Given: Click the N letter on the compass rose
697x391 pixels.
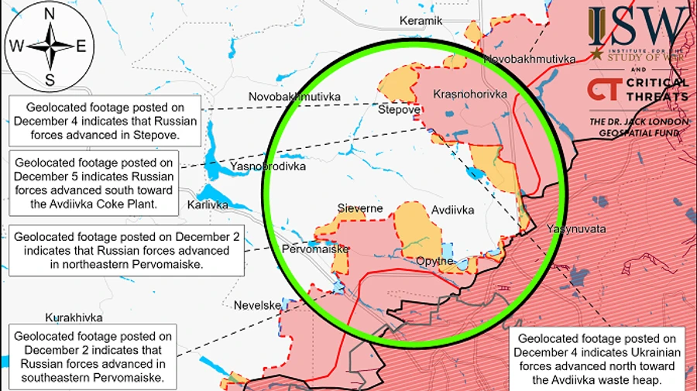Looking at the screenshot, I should pyautogui.click(x=49, y=13).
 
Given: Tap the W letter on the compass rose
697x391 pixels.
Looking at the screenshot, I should pyautogui.click(x=15, y=45).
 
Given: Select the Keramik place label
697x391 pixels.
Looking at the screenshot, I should pyautogui.click(x=421, y=21).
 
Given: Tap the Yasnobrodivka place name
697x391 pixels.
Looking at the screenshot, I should pyautogui.click(x=267, y=166).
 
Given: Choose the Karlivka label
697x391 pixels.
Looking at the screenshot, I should pyautogui.click(x=208, y=205).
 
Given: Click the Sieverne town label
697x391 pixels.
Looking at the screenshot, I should pyautogui.click(x=360, y=208).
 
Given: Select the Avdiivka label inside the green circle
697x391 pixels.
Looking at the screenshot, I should pyautogui.click(x=452, y=210).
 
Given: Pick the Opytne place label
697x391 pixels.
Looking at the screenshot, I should pyautogui.click(x=434, y=261).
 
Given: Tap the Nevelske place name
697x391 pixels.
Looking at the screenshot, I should pyautogui.click(x=257, y=305).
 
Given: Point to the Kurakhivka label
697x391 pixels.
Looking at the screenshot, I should pyautogui.click(x=74, y=318).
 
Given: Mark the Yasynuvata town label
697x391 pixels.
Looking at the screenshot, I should pyautogui.click(x=576, y=230).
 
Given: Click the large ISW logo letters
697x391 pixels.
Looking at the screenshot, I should pyautogui.click(x=637, y=27).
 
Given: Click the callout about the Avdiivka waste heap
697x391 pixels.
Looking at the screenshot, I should pyautogui.click(x=596, y=359).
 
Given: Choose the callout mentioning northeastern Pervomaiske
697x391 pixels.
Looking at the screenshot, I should pyautogui.click(x=126, y=250).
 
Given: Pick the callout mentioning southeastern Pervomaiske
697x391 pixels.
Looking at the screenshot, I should pyautogui.click(x=92, y=357).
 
